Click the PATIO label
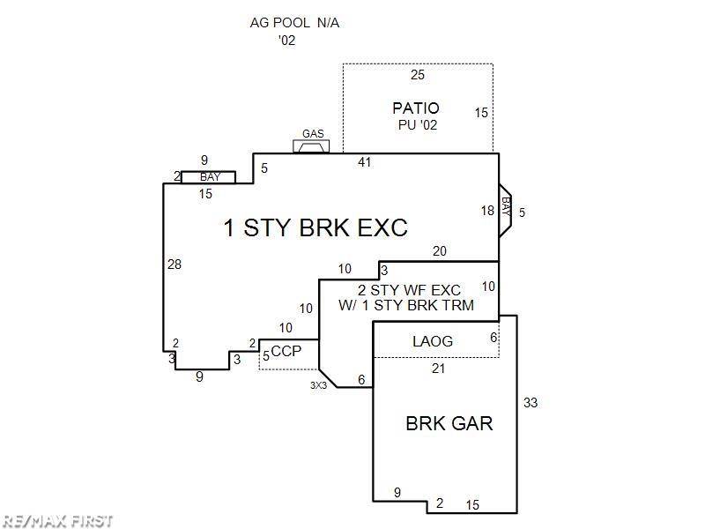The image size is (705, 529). (416, 108)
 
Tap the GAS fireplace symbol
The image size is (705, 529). (311, 145)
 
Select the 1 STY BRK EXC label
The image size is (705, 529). (315, 227)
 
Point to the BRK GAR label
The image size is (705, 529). (449, 423)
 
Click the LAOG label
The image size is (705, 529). (432, 341)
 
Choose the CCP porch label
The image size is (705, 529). (287, 351)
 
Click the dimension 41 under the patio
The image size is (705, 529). (365, 162)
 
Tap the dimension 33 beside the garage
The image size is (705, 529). (531, 403)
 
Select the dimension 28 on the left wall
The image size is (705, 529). (174, 264)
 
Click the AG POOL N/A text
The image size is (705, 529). (294, 23)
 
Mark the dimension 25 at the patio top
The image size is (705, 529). (418, 75)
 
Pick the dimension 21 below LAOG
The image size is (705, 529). (438, 369)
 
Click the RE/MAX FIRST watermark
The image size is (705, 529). (57, 520)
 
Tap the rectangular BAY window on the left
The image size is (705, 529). (209, 177)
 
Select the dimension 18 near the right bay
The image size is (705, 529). (487, 210)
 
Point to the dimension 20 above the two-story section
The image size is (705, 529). (439, 251)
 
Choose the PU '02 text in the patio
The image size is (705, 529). (416, 125)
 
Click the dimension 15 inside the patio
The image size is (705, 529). (481, 113)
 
